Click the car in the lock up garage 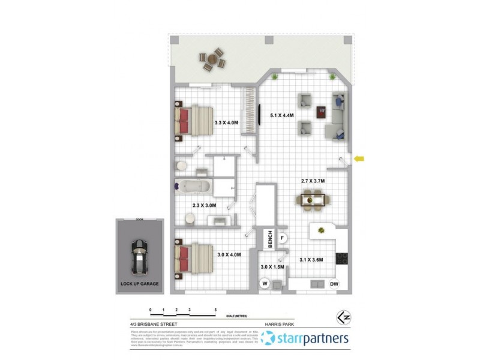tap(139, 255)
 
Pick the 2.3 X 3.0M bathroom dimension tap(204, 205)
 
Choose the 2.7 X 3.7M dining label tap(313, 181)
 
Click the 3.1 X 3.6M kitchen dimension tap(311, 260)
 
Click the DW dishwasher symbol tap(334, 284)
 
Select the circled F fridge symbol tap(283, 238)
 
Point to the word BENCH tap(271, 239)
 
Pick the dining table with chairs tap(312, 199)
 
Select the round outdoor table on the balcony tap(212, 60)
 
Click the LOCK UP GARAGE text tap(139, 284)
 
